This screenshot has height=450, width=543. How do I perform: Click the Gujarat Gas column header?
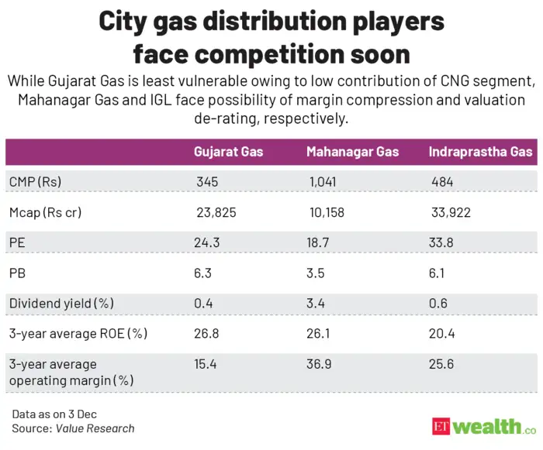[228, 152]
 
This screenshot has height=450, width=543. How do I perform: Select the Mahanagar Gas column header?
[352, 152]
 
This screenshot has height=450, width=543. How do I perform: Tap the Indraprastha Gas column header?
[480, 152]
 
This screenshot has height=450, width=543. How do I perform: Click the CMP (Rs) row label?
[35, 182]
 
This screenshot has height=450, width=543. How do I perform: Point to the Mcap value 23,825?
[216, 212]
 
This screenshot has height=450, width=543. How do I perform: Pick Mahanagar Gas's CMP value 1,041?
[323, 182]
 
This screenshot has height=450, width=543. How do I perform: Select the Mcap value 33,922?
[451, 212]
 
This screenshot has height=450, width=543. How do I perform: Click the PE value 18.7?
[318, 242]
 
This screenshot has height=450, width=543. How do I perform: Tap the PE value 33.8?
[441, 242]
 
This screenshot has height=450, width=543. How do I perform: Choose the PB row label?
[17, 273]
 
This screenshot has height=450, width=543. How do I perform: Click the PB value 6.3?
[202, 273]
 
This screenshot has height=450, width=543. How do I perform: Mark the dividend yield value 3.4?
[316, 304]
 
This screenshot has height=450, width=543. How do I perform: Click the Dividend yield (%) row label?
[61, 304]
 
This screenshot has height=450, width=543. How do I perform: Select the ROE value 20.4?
[441, 334]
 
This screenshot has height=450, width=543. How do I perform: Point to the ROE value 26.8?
[206, 334]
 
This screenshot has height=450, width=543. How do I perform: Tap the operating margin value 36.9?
[319, 364]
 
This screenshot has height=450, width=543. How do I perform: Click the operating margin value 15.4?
[205, 364]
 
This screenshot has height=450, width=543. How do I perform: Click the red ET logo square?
[441, 427]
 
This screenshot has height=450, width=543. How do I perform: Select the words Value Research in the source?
[95, 428]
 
